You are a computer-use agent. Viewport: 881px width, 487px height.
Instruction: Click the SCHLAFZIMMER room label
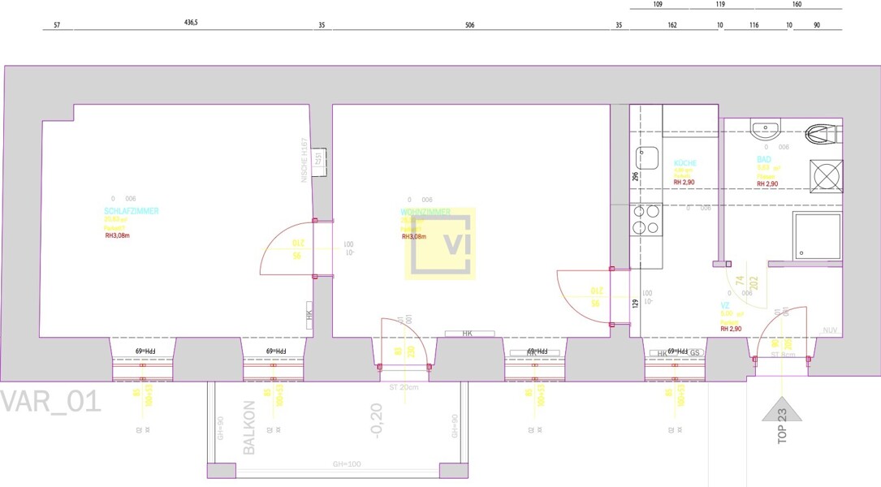[x=131, y=211]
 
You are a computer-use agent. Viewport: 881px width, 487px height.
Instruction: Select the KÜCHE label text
[x=685, y=163]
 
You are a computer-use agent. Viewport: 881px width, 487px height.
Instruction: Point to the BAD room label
[x=763, y=160]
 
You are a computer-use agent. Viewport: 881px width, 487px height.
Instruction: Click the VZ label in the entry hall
[x=724, y=306]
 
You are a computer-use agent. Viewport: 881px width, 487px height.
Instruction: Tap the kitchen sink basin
[x=646, y=157]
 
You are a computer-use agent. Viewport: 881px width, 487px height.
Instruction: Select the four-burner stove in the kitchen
[x=646, y=219]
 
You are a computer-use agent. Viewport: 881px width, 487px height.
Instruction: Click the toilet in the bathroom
[x=825, y=132]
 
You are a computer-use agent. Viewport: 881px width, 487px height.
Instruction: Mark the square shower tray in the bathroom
[x=817, y=235]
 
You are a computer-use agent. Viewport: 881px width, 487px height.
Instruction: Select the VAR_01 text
[x=50, y=401]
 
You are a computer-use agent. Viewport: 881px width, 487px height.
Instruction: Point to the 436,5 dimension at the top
[x=192, y=23]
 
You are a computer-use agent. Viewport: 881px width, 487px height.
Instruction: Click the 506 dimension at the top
[x=469, y=24]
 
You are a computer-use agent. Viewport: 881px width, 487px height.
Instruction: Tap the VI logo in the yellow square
[x=440, y=244]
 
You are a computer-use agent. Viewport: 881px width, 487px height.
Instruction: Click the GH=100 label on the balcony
[x=347, y=465]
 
